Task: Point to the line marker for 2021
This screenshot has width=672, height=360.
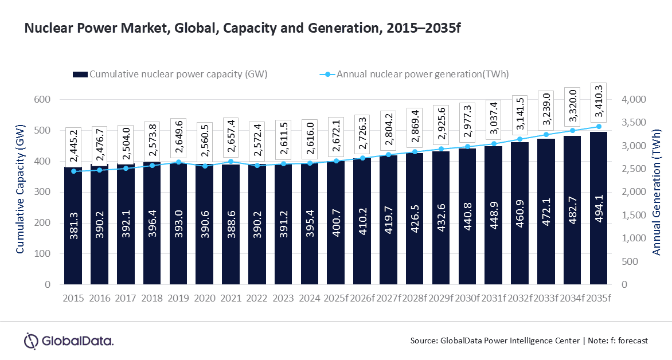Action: (231, 162)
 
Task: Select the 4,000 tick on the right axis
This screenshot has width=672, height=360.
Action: (633, 100)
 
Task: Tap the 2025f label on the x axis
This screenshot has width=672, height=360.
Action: (336, 298)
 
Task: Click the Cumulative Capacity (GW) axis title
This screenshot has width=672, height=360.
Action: (19, 192)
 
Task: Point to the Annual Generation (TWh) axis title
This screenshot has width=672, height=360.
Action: (657, 192)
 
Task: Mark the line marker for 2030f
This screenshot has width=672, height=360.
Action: (467, 147)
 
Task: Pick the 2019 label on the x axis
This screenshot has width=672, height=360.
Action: (178, 298)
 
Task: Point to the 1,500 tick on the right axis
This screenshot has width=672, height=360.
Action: (633, 215)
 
